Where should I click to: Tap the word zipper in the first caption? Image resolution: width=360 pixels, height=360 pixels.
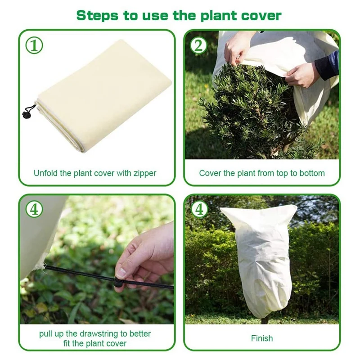click(x=144, y=173)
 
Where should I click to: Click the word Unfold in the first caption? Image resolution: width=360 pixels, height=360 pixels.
click(x=45, y=173)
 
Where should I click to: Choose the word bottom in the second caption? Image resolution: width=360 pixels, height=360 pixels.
click(x=312, y=173)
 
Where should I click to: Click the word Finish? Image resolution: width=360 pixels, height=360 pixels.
click(x=262, y=338)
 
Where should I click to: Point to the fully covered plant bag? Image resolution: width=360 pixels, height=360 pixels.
click(x=259, y=256)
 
